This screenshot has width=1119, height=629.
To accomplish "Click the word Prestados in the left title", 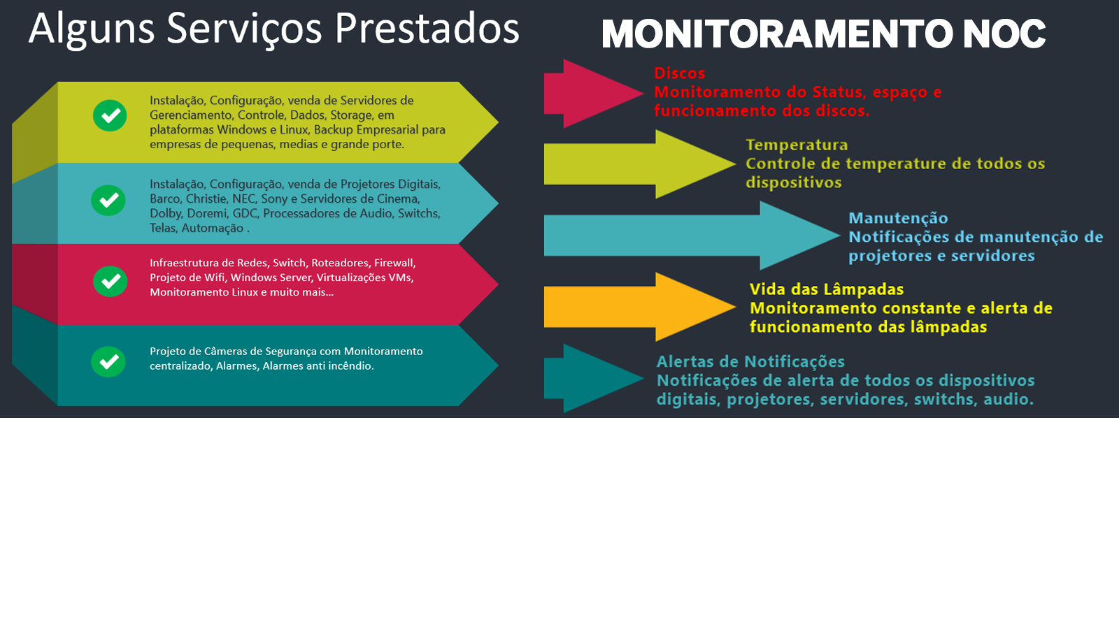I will (x=427, y=29).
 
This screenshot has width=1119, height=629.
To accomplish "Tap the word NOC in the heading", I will (x=1004, y=34).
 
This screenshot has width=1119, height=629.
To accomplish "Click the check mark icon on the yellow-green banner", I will (x=110, y=116).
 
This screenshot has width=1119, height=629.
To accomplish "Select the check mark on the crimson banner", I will (x=110, y=282).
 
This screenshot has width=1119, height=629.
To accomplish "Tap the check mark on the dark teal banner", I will (x=108, y=362).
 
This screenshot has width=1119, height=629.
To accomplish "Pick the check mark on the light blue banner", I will (x=108, y=201).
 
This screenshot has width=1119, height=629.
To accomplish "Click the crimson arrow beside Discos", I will (x=591, y=93).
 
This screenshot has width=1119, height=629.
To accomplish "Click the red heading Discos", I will (x=679, y=73).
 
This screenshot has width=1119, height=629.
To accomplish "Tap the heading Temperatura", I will (x=797, y=145).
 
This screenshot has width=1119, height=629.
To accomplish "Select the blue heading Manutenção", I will (x=898, y=219).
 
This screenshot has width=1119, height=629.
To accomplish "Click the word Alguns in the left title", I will (x=91, y=29).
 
